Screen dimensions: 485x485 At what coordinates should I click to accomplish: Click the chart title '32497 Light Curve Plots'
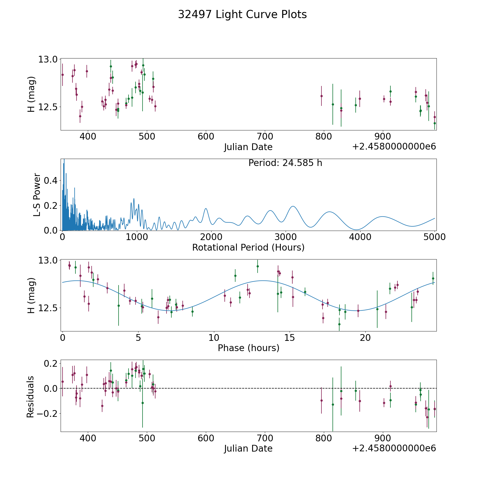[242, 15]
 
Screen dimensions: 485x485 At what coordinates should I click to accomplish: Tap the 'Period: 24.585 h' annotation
[285, 163]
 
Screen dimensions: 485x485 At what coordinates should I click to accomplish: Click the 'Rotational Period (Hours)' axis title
[248, 247]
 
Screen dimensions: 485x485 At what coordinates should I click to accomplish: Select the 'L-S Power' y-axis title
[37, 195]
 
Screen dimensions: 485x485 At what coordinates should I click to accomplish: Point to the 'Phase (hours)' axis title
[248, 348]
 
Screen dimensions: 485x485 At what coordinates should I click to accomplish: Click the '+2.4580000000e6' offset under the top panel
[394, 147]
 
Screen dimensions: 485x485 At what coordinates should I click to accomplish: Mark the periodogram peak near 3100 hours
[293, 206]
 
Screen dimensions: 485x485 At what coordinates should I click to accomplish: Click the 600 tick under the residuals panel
[206, 438]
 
